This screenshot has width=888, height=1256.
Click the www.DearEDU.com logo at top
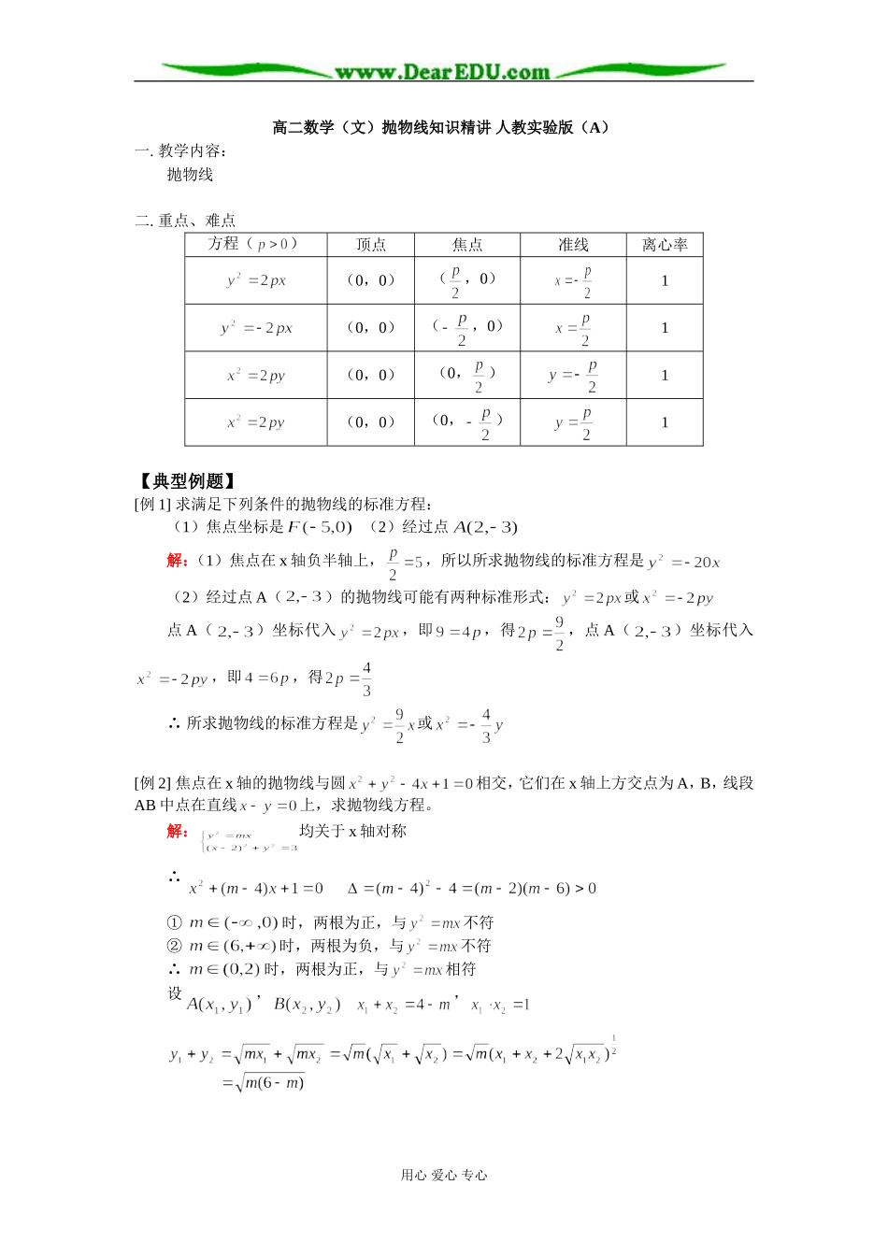tap(443, 72)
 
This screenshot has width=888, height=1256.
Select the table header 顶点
tap(371, 245)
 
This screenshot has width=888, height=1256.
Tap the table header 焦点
tap(467, 245)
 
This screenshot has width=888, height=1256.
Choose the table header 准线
tap(573, 245)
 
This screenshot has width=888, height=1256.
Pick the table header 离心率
tap(665, 245)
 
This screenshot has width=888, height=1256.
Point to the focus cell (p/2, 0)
tap(467, 280)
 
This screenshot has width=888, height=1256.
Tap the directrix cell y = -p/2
tap(573, 376)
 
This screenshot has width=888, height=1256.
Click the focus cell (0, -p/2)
tap(467, 422)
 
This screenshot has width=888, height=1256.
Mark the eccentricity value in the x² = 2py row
tap(665, 376)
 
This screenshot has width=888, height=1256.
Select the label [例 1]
tap(153, 505)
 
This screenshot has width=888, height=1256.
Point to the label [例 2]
tap(153, 783)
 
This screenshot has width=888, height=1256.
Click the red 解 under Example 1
tap(176, 560)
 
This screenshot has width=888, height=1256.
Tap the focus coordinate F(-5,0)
tap(320, 527)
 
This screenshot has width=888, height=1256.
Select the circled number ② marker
tap(174, 946)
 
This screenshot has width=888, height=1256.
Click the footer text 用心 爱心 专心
tap(444, 1176)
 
